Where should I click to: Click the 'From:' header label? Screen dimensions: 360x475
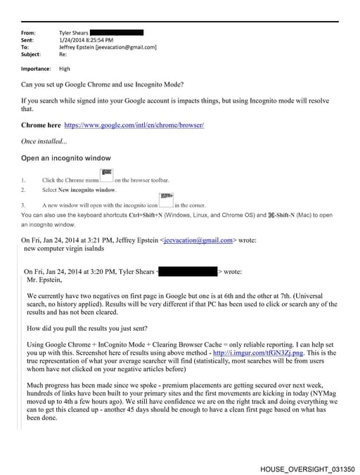(28, 33)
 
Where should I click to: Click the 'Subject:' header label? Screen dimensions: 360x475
(31, 54)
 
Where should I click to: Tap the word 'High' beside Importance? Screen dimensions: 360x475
(65, 69)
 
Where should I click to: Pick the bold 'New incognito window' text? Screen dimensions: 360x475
(88, 190)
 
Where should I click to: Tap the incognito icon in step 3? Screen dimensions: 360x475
(166, 200)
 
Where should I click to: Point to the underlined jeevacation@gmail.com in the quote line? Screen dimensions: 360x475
(198, 240)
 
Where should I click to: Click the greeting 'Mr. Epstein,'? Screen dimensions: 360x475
(44, 279)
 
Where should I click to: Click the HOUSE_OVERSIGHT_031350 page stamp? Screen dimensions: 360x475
(306, 467)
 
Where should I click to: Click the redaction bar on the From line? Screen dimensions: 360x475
(117, 33)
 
